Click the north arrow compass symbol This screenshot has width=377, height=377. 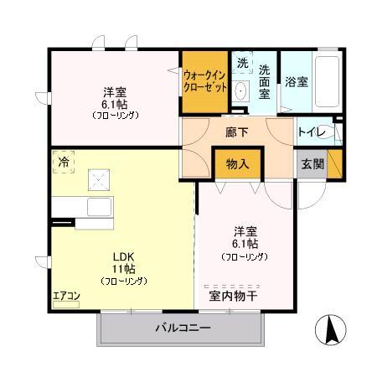click(330, 331)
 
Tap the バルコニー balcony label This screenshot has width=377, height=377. click(183, 328)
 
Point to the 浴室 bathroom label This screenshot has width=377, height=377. click(296, 83)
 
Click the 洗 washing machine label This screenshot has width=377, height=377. click(241, 64)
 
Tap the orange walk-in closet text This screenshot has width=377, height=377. click(204, 80)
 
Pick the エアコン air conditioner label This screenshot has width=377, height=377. click(65, 295)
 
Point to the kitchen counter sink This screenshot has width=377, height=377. click(98, 208)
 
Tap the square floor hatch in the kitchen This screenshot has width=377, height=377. click(98, 177)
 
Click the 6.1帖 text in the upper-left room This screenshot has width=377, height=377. click(115, 104)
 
